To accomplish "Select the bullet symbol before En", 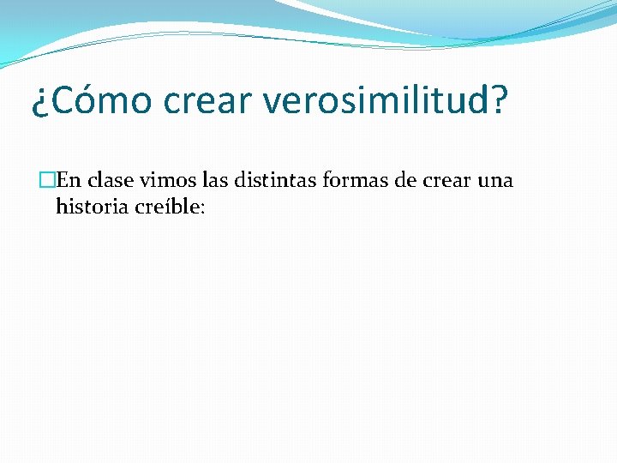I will (48, 181).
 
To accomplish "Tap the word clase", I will (111, 181).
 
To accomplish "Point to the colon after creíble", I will (202, 209).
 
